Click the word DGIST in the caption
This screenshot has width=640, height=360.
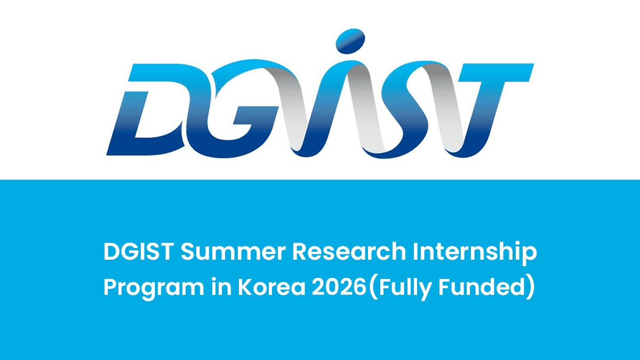[x=138, y=252]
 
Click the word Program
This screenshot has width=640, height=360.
[x=151, y=289]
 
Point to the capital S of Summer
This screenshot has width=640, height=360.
[x=188, y=252]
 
